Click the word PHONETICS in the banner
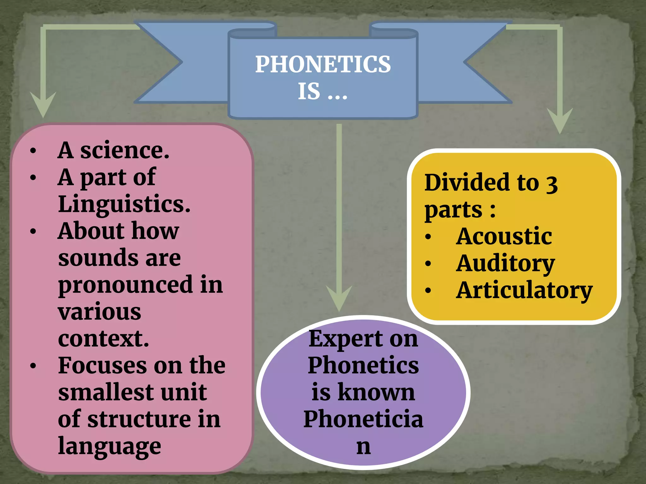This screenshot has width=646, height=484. coord(323,64)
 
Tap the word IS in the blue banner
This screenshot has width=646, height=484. coord(309,92)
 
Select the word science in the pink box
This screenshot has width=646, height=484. coord(125,150)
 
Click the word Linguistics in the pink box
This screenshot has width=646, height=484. coord(124,204)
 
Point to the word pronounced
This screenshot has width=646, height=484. coord(125,285)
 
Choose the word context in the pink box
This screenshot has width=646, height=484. coord(103,339)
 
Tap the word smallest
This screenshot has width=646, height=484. coord(106,392)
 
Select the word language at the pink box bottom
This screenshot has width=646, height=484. coord(109,446)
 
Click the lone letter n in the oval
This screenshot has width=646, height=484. coord(363,447)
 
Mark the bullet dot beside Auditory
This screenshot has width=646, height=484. coord(428,263)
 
